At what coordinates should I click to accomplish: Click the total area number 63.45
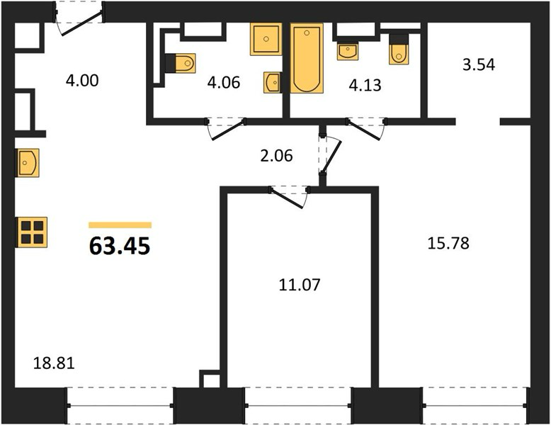[120, 246]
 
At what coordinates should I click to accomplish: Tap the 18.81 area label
[54, 363]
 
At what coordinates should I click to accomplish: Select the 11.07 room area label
[300, 285]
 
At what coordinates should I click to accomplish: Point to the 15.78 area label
[448, 243]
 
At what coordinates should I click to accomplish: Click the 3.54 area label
[479, 65]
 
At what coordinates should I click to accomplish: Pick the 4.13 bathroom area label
[365, 86]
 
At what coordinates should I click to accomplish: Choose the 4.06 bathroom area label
[224, 83]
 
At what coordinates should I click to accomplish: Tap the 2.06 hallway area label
[276, 156]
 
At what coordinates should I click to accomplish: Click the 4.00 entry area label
[82, 81]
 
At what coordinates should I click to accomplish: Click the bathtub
[307, 58]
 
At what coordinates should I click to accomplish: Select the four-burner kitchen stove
[32, 232]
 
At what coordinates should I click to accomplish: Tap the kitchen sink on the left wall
[27, 163]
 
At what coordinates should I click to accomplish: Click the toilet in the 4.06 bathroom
[181, 63]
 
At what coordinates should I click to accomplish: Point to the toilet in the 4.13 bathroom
[399, 49]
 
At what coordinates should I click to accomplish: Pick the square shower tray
[266, 39]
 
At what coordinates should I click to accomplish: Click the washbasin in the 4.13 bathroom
[348, 51]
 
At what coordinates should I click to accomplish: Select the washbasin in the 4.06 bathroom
[273, 83]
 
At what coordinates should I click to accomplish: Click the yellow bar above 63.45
[120, 225]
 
